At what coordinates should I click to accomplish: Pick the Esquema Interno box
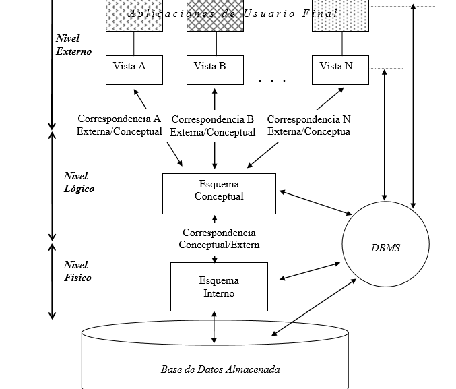coord(219,287)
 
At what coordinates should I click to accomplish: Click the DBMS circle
coord(386,247)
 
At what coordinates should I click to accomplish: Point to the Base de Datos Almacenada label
coord(220,369)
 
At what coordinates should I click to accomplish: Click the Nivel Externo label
coord(73,44)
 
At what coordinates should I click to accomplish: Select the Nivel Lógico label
coord(79,183)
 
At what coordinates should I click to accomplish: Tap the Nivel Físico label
coord(77,271)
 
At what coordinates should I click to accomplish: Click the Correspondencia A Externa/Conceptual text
coord(119,125)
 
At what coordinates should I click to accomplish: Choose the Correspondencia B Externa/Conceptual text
coord(212,126)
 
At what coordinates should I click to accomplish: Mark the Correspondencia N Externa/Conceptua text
coord(308,125)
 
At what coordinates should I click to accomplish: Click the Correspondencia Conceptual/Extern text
coord(219,239)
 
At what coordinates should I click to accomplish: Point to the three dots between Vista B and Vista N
coord(272,81)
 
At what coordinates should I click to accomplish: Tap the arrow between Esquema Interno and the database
coord(214,326)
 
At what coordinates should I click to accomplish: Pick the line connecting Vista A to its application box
coord(134,43)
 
